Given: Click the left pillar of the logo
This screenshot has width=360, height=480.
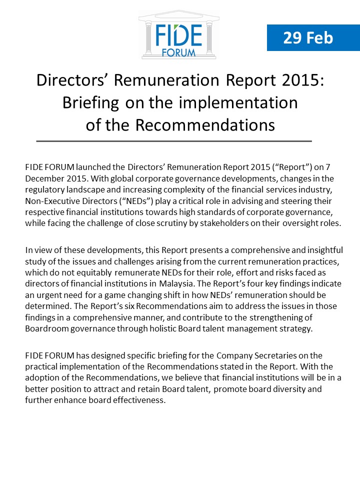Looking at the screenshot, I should [x=148, y=38].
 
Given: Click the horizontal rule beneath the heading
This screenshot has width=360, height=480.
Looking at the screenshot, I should [x=174, y=141].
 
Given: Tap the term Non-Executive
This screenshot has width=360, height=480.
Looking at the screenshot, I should [x=51, y=200].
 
